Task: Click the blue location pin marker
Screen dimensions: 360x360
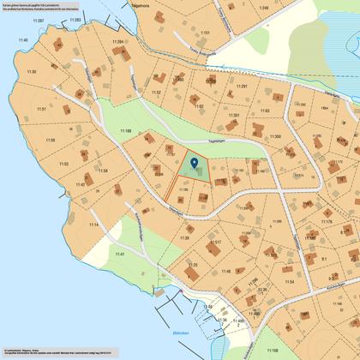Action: [195, 162]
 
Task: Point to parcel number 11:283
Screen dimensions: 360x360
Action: [74, 19]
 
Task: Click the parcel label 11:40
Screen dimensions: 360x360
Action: [22, 40]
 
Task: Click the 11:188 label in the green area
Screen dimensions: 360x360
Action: [125, 130]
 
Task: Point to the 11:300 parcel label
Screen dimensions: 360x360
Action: [274, 136]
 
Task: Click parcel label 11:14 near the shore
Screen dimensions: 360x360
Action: [93, 225]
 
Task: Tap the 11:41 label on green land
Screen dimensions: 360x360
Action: [120, 255]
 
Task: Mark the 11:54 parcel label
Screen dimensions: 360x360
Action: [289, 281]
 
